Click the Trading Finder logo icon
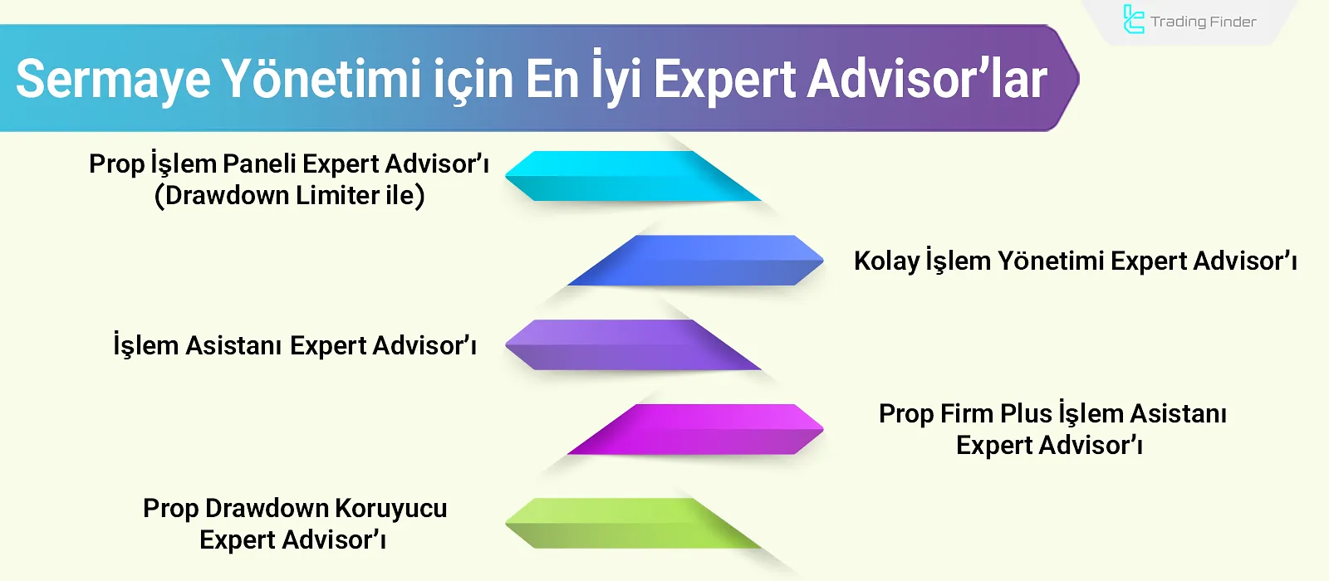(x=1133, y=20)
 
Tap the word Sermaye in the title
(x=113, y=80)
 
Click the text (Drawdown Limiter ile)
(x=290, y=196)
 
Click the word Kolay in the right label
(x=886, y=261)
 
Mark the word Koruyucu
(x=390, y=508)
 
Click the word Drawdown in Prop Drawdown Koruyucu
(x=266, y=508)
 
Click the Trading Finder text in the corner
(x=1203, y=22)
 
